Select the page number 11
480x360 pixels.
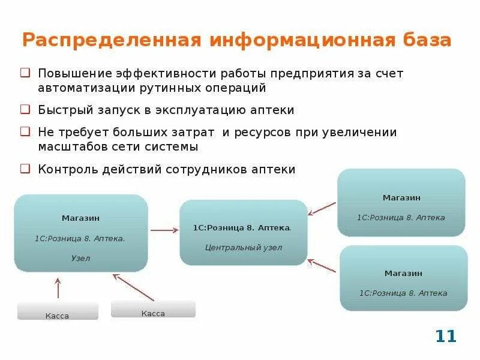[446, 336]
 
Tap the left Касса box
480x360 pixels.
[58, 311]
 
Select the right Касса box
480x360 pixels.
[153, 310]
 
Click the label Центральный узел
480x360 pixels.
[244, 247]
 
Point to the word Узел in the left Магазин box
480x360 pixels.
[80, 259]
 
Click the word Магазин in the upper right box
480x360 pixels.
[401, 197]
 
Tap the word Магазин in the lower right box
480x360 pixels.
[403, 273]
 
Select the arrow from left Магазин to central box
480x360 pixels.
[164, 230]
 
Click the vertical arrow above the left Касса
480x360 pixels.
[58, 288]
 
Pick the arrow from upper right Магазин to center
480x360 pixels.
[322, 208]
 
